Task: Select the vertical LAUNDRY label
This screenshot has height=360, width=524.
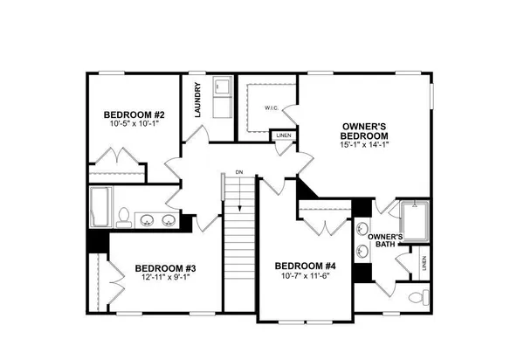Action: (x=199, y=100)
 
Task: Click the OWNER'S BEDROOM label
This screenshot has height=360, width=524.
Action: (x=365, y=133)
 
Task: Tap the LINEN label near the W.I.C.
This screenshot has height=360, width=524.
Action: (x=283, y=136)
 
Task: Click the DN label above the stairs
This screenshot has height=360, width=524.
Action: (x=238, y=173)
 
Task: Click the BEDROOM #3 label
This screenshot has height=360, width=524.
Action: (x=164, y=267)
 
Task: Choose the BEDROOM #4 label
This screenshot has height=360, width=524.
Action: (x=305, y=267)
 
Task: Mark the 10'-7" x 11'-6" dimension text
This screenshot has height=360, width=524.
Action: (x=305, y=277)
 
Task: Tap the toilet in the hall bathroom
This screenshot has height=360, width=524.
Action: (x=125, y=215)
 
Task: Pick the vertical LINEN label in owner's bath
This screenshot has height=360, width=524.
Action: (x=424, y=262)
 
